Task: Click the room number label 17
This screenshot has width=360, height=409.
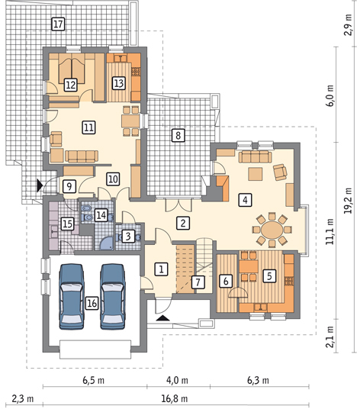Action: coord(58,24)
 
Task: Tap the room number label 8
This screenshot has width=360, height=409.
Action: coord(178,135)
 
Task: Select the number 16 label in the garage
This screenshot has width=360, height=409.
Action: coord(92,303)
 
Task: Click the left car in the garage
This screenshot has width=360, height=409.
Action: coord(72,297)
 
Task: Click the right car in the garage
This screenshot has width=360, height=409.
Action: coord(113,297)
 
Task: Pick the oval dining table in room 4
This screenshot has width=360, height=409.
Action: coord(272,230)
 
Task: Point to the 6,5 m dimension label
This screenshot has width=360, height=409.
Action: coord(94,380)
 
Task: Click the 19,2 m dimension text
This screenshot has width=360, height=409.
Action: coord(348,201)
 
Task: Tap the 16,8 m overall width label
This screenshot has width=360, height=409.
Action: coord(175,399)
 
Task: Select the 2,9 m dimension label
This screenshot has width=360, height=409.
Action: coord(348,24)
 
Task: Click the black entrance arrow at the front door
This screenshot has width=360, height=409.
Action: coord(163,317)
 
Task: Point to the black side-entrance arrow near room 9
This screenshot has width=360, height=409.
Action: coord(40,185)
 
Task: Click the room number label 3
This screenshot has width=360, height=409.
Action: coord(128,236)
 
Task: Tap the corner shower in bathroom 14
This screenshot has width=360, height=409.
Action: coord(106,243)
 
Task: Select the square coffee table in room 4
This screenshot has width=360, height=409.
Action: coord(256,174)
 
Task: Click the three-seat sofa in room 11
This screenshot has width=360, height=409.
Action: coord(82,156)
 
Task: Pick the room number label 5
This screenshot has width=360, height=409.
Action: coord(269,275)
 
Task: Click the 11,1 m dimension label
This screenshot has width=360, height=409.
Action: coord(329,231)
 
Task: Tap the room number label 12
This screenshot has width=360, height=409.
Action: coord(71,85)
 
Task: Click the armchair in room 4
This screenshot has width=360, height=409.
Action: coord(280,172)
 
